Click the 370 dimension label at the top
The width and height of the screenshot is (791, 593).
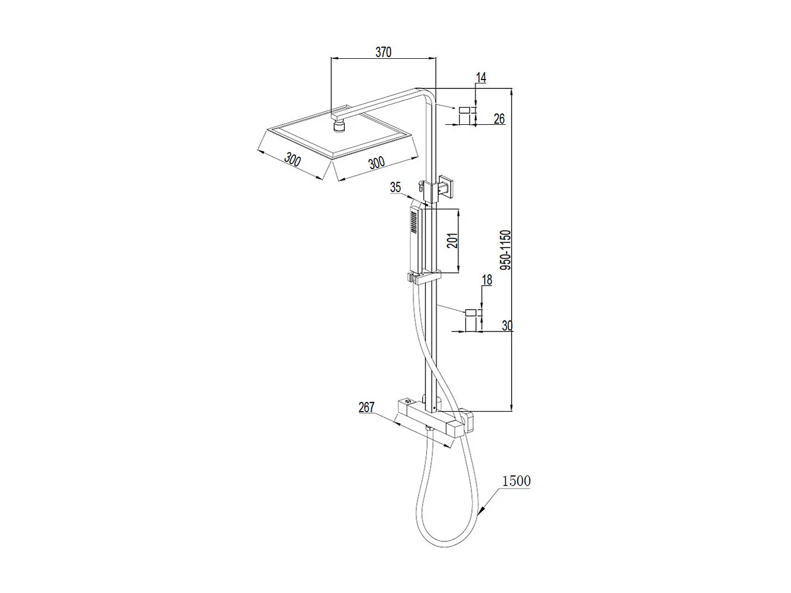point(383,52)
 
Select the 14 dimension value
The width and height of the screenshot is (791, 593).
point(481,78)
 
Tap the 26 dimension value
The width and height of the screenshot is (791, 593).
point(499,119)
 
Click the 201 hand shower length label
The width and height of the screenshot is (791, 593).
point(453,240)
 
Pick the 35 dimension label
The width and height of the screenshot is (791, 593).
point(395,187)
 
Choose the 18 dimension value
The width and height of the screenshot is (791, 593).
point(486,280)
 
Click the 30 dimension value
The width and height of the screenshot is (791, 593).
point(507,325)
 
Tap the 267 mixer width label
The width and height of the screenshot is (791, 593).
point(366,407)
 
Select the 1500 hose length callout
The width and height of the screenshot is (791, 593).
point(516,481)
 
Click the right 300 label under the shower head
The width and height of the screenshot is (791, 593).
point(376,162)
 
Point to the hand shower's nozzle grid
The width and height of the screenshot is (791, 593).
point(414,222)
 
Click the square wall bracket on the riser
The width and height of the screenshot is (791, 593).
point(446,185)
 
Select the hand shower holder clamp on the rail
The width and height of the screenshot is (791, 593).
point(423,277)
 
